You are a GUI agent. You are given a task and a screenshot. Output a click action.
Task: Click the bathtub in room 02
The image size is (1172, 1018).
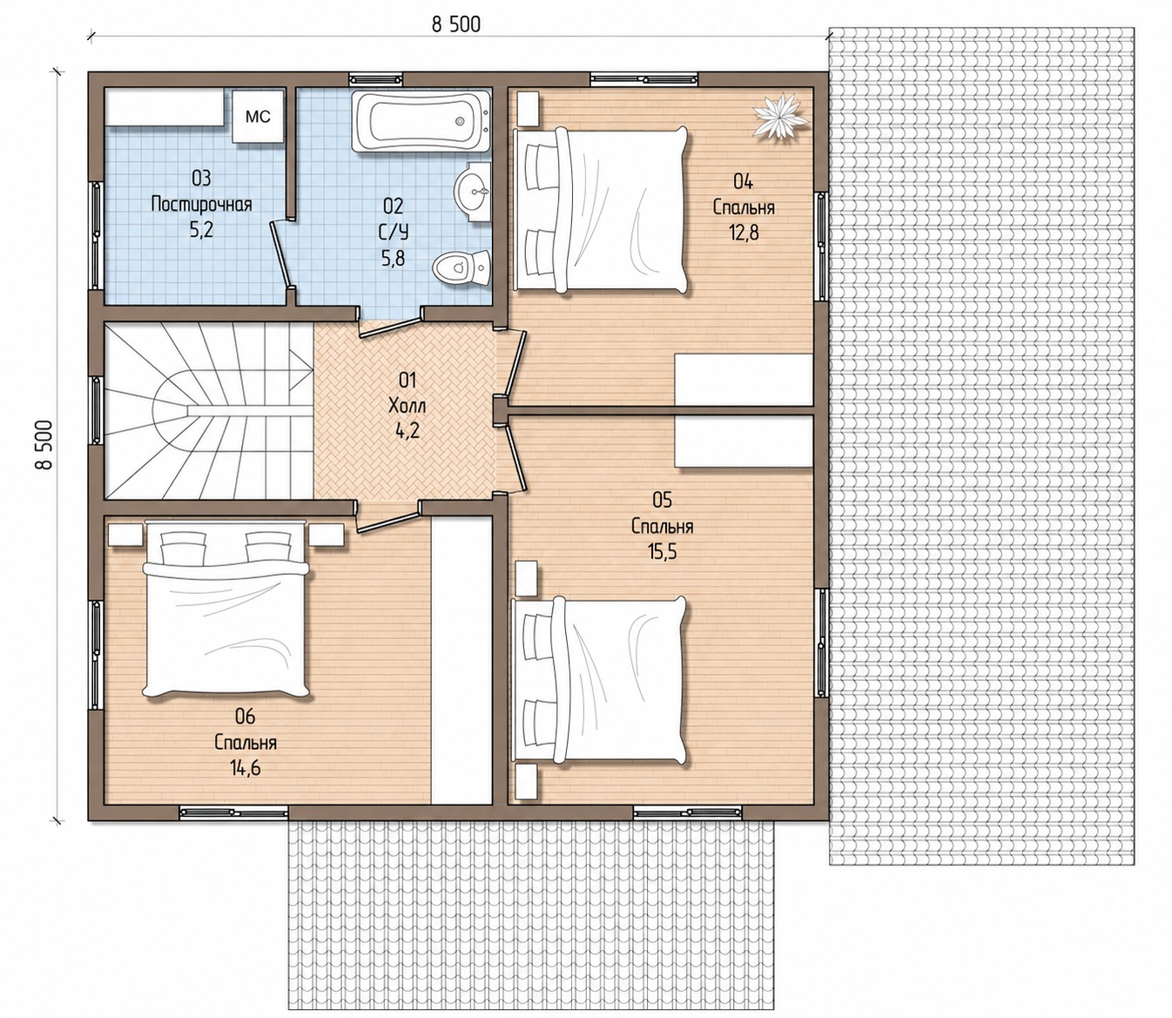(421, 121)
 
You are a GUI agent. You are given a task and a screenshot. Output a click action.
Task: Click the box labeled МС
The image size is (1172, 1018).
(258, 117)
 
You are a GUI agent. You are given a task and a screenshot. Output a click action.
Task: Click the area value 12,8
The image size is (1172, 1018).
(744, 233)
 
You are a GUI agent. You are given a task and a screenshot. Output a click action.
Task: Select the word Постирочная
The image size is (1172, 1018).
(201, 205)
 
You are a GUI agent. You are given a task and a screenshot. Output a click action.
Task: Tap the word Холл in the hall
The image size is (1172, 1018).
(408, 406)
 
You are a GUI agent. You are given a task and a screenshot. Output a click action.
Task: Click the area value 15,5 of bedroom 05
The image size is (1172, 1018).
(662, 552)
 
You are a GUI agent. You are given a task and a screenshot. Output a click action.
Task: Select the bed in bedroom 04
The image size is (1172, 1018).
(600, 210)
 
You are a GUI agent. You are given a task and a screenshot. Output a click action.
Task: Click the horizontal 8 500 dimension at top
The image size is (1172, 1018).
(456, 25)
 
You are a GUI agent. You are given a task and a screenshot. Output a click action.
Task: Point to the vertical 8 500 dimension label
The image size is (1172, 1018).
(44, 444)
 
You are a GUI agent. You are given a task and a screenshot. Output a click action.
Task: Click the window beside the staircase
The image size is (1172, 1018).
(96, 410)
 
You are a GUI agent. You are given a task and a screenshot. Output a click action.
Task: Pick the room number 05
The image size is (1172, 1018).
(662, 500)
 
